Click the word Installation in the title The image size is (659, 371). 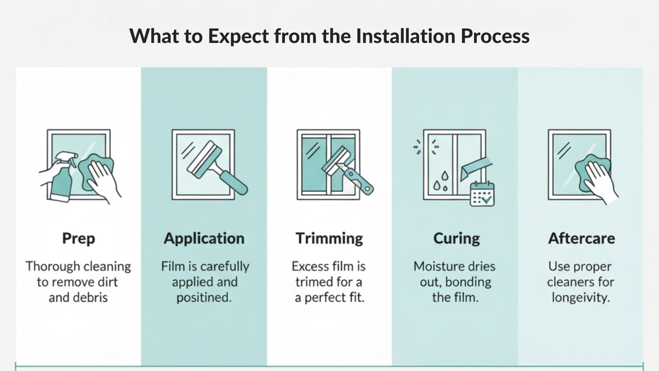tap(405, 36)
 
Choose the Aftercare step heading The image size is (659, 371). tap(581, 238)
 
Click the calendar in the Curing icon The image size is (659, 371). tap(482, 194)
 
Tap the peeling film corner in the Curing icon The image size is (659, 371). tap(475, 168)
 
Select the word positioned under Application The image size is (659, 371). tap(204, 298)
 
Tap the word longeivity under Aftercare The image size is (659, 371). tap(581, 298)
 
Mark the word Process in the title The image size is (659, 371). tap(495, 36)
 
